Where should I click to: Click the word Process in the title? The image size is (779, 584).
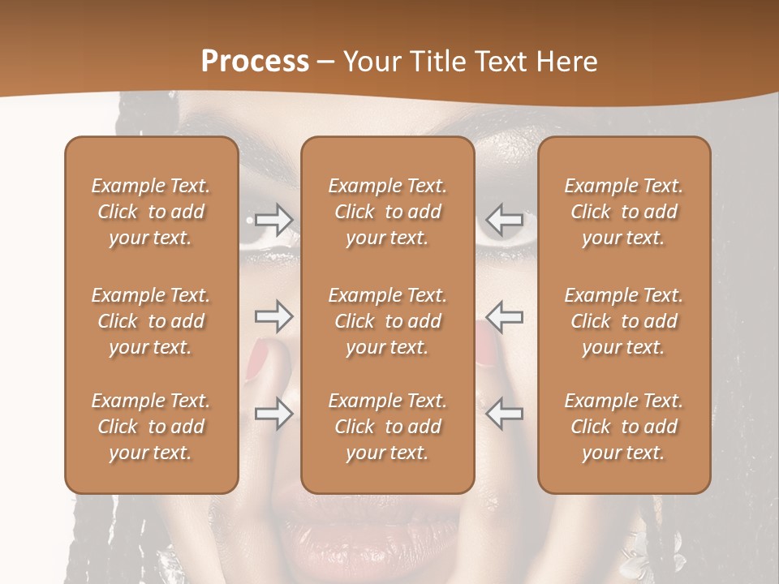coord(255,62)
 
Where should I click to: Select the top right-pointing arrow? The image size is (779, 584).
coord(274,220)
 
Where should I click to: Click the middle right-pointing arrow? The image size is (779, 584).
coord(274,317)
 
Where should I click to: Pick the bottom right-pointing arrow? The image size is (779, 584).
coord(274,413)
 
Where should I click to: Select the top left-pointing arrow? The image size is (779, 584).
coord(504,220)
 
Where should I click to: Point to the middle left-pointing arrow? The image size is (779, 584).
coord(504,317)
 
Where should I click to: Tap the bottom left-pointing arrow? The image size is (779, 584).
coord(504,413)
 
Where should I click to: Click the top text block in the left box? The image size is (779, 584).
coord(151,212)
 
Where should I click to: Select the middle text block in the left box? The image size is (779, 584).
coord(151,321)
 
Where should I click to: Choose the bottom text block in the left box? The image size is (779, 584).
coord(151,427)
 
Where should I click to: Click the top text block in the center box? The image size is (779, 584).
coord(387,212)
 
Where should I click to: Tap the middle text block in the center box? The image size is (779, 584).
coord(387,321)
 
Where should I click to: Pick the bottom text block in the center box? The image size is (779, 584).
coord(387,427)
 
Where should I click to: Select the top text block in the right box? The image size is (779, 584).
coord(623,212)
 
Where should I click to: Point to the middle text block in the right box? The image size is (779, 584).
coord(623,321)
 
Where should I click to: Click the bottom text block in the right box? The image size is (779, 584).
coord(623,427)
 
